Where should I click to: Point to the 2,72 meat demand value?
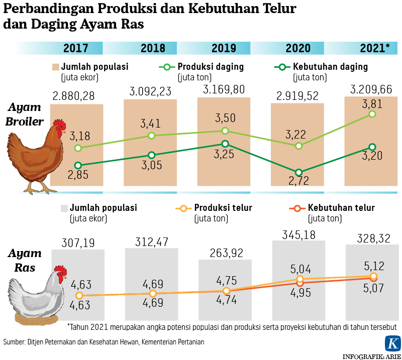[x=299, y=182]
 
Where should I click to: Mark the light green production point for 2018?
[x=152, y=136]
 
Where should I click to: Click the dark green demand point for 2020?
[x=299, y=172]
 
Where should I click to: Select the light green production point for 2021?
[x=372, y=114]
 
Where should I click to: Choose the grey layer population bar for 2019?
[x=225, y=289]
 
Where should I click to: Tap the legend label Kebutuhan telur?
[x=341, y=208]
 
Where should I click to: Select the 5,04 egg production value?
[x=299, y=268]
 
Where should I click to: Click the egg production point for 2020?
[x=299, y=279]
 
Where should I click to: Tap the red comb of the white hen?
[x=60, y=273]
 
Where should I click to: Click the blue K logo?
[x=392, y=344]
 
